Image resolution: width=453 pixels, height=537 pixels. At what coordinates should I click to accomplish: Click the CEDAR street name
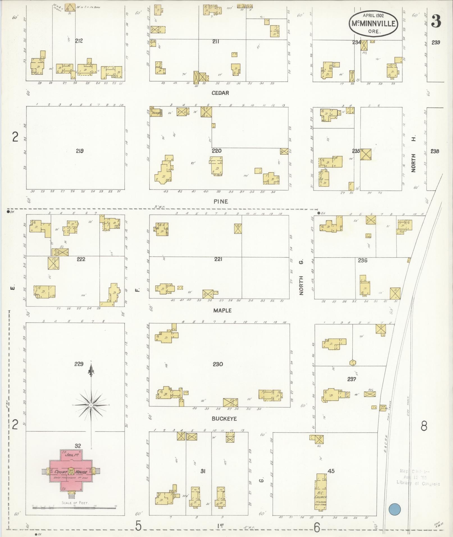(x=220, y=93)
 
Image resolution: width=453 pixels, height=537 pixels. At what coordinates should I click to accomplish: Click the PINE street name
(x=220, y=201)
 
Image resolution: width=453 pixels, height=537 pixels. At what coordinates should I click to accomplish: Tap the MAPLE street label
(x=222, y=310)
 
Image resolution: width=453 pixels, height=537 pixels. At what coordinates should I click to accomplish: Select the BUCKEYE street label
(x=224, y=419)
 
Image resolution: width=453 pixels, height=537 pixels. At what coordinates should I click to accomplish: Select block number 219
(x=79, y=151)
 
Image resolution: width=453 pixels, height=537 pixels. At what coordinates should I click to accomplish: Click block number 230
(x=218, y=364)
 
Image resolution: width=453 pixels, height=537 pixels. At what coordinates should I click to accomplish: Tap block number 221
(x=218, y=259)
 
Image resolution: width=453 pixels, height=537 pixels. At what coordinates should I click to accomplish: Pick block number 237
(x=351, y=379)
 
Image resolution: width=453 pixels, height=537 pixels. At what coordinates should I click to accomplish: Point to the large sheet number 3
(x=436, y=21)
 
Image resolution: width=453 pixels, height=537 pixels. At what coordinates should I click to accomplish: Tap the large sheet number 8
(x=424, y=434)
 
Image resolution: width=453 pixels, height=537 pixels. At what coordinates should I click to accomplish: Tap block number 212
(x=79, y=41)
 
